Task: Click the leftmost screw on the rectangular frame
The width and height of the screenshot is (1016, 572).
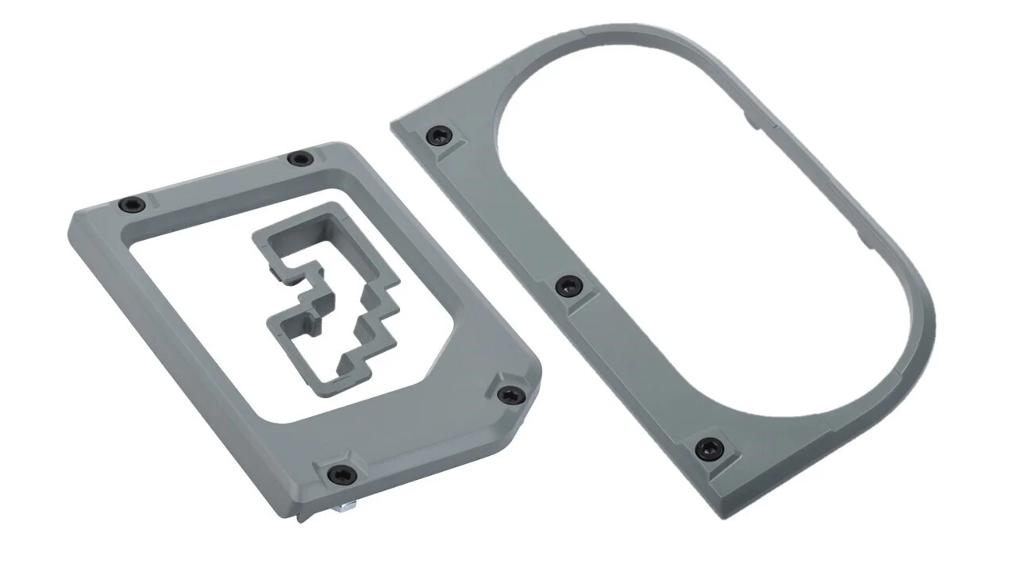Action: point(129,205)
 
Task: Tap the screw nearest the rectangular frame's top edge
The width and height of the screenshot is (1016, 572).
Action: point(299,159)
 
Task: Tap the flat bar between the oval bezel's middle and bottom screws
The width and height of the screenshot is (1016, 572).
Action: point(635,365)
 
